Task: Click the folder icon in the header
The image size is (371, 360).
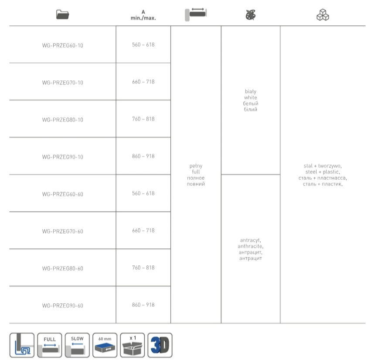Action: (x=62, y=14)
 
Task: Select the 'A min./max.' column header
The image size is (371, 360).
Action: (x=143, y=15)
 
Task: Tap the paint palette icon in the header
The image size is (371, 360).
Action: (x=251, y=15)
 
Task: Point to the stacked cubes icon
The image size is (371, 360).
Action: (x=323, y=15)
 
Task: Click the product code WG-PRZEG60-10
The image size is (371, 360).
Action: (x=62, y=45)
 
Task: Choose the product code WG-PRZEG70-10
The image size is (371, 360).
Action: (x=62, y=82)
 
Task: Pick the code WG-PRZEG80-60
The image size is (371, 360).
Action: (x=62, y=268)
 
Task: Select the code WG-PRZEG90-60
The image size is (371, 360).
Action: (x=62, y=306)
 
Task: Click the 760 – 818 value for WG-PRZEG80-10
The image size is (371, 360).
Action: (x=143, y=119)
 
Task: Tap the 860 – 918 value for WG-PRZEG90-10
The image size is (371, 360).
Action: (x=143, y=156)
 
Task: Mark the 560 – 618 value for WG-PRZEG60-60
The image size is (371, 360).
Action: (x=143, y=193)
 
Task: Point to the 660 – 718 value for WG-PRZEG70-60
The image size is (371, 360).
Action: (x=143, y=230)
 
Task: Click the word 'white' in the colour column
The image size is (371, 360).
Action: (x=251, y=98)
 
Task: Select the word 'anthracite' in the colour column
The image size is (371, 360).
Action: (x=250, y=246)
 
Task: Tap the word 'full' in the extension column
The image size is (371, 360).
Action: (x=196, y=172)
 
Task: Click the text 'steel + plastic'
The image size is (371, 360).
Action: (x=323, y=172)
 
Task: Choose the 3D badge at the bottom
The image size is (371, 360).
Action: (x=160, y=345)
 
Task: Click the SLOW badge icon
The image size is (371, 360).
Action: (x=77, y=345)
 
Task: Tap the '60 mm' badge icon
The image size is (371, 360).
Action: (x=105, y=345)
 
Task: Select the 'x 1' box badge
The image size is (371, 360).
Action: (x=132, y=345)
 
